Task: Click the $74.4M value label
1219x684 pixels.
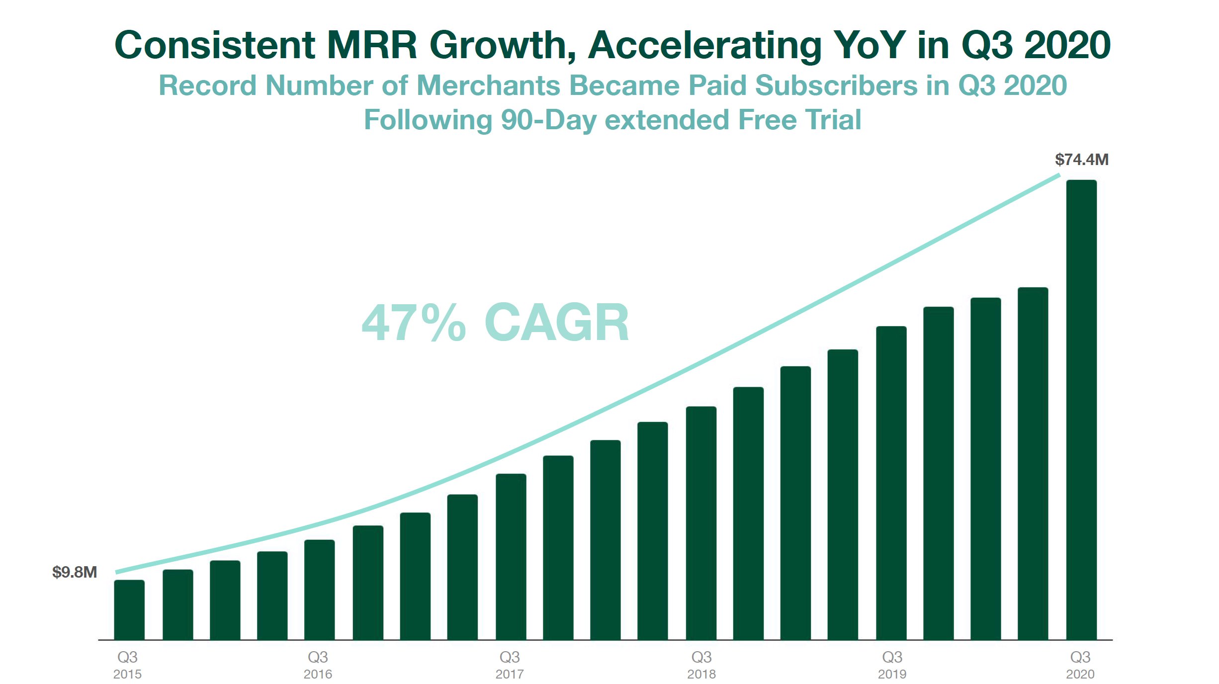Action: click(1081, 160)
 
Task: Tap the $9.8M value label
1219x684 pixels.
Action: click(75, 572)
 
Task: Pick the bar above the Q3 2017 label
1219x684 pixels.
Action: click(511, 557)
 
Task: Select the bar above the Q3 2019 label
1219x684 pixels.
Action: click(891, 483)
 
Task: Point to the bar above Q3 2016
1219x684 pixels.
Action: click(319, 590)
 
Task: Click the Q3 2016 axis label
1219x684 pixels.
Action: click(318, 665)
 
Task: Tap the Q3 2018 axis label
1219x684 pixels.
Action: click(701, 665)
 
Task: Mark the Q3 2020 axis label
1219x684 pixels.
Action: click(1080, 665)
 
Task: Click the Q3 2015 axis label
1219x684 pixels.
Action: click(127, 665)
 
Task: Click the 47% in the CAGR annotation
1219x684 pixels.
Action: click(414, 323)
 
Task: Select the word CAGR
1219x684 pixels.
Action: click(557, 323)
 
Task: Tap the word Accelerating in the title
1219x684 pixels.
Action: click(705, 46)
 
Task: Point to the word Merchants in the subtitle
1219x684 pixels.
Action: click(488, 85)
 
